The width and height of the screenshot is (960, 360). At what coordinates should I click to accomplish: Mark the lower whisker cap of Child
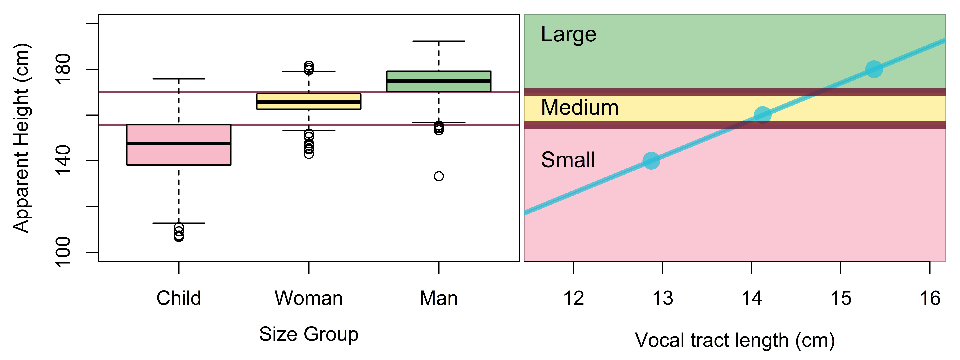coord(179,223)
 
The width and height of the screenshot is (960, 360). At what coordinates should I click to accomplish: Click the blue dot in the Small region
coord(651,161)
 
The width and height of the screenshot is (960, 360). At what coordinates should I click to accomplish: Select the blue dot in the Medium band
coord(762,115)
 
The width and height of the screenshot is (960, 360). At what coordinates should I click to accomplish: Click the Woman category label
coord(309,298)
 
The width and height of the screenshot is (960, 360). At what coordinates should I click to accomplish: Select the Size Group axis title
coord(309,334)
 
